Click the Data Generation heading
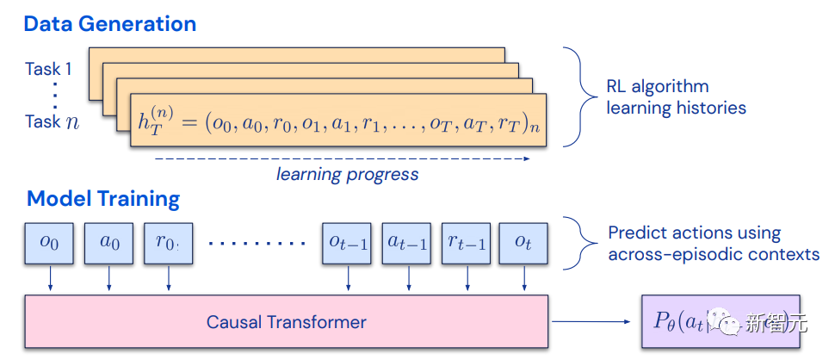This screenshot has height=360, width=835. (110, 23)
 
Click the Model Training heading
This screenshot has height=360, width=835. (103, 200)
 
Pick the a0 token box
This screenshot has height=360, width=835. (109, 243)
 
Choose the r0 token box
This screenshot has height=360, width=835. (168, 243)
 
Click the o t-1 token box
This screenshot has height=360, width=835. (348, 243)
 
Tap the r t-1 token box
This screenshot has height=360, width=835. (467, 243)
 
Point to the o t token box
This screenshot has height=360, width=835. (523, 243)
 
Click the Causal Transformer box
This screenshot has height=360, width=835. (287, 323)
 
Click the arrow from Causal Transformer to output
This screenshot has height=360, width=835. (594, 323)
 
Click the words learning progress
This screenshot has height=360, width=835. (347, 174)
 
